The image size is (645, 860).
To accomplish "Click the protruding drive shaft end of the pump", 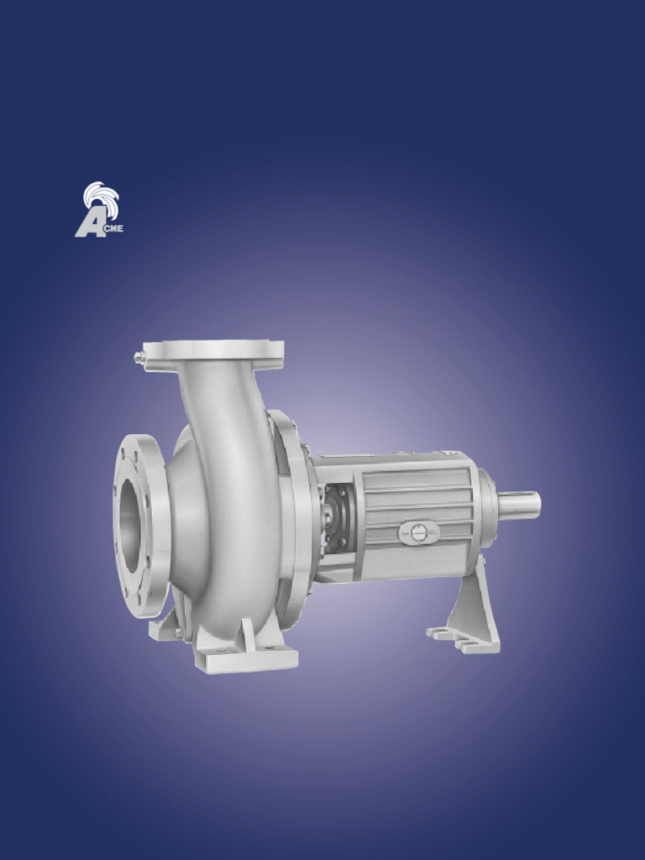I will click(520, 505).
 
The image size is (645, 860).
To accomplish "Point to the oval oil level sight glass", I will click(418, 532).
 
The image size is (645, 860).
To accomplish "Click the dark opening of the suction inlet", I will click(130, 527).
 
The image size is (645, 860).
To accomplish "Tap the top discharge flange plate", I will click(213, 350).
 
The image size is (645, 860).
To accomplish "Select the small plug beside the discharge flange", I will click(139, 358).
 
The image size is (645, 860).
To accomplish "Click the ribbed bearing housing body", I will click(412, 496).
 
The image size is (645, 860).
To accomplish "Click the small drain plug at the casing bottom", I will click(179, 632).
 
